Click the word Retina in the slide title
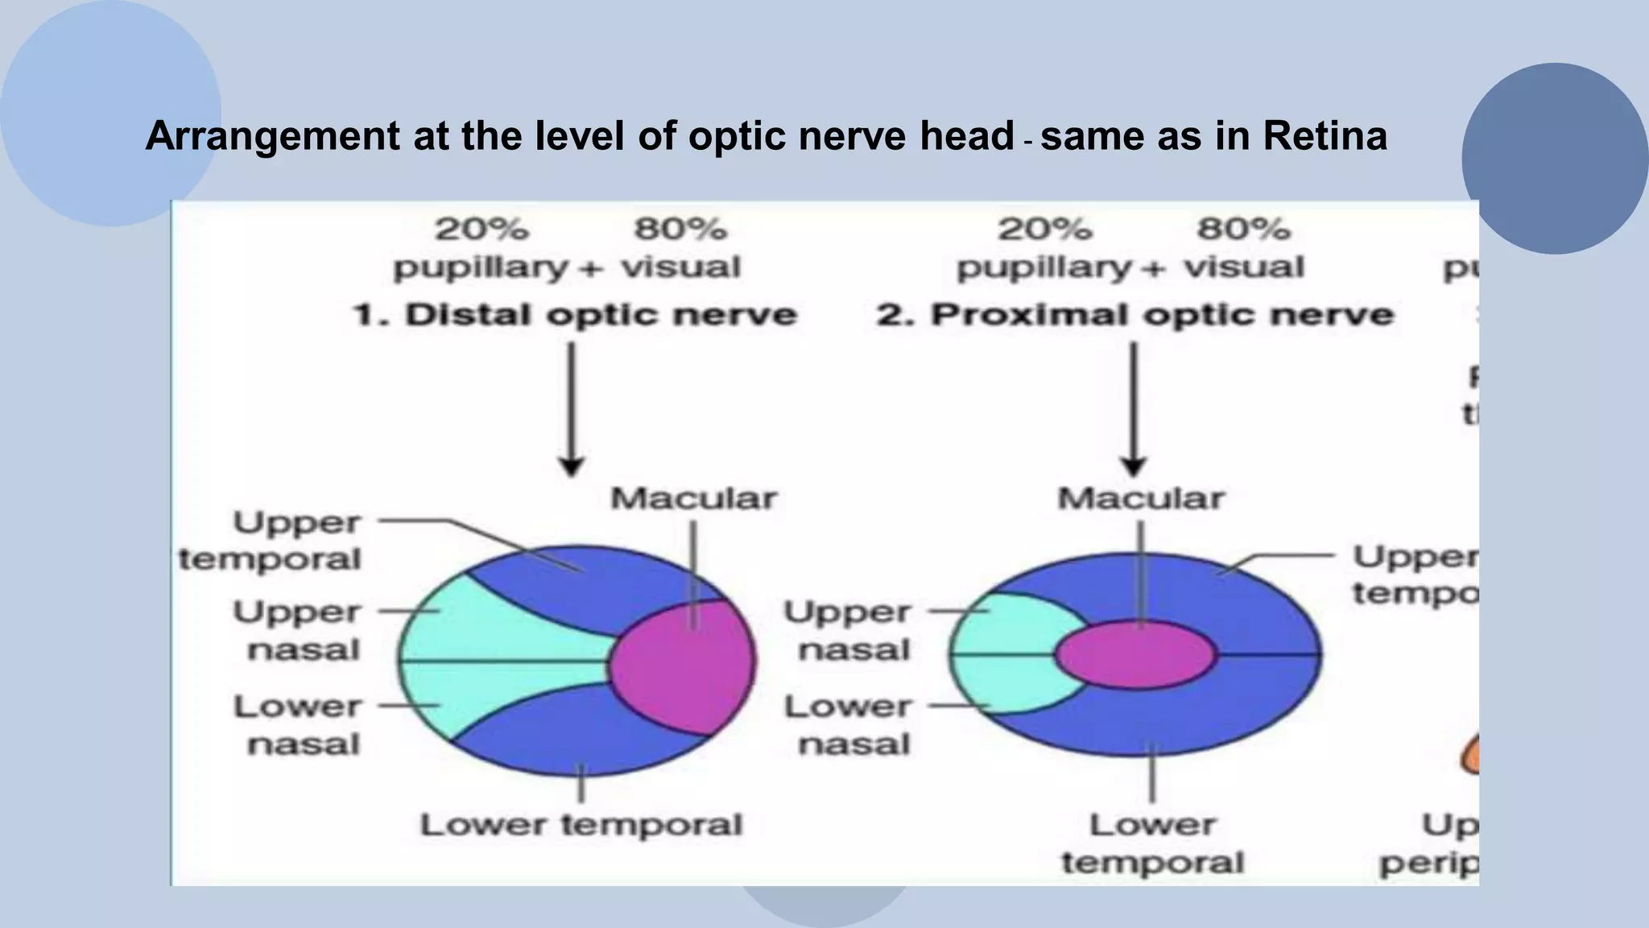click(1325, 135)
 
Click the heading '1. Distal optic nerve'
click(575, 315)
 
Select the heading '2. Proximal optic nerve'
click(1134, 315)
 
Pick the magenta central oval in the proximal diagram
click(1135, 655)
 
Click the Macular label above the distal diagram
click(693, 499)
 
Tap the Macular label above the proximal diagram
click(1140, 499)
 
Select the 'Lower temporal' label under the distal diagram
click(581, 825)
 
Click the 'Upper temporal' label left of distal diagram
click(271, 541)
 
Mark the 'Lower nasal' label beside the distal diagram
click(298, 725)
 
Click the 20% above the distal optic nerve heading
click(481, 230)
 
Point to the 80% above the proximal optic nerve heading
click(1242, 230)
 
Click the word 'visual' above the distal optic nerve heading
click(680, 267)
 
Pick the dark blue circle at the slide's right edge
click(1554, 159)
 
